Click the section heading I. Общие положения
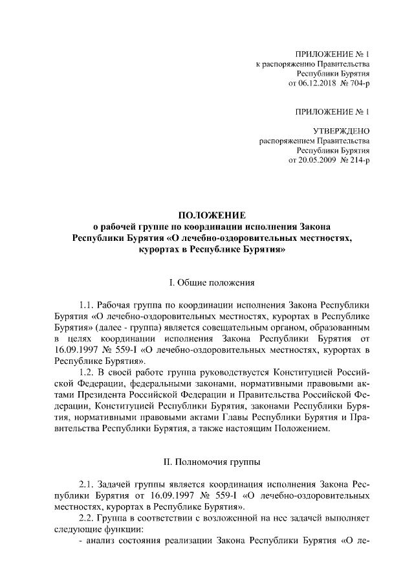coord(212,282)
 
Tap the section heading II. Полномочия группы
coord(212,462)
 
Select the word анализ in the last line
coord(102,541)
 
